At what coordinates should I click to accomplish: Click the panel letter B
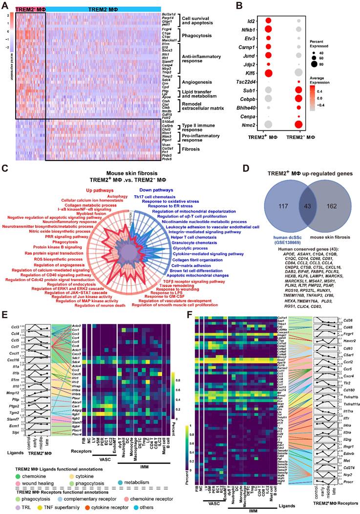(x=239, y=6)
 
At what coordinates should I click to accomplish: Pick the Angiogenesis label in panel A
(x=195, y=79)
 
